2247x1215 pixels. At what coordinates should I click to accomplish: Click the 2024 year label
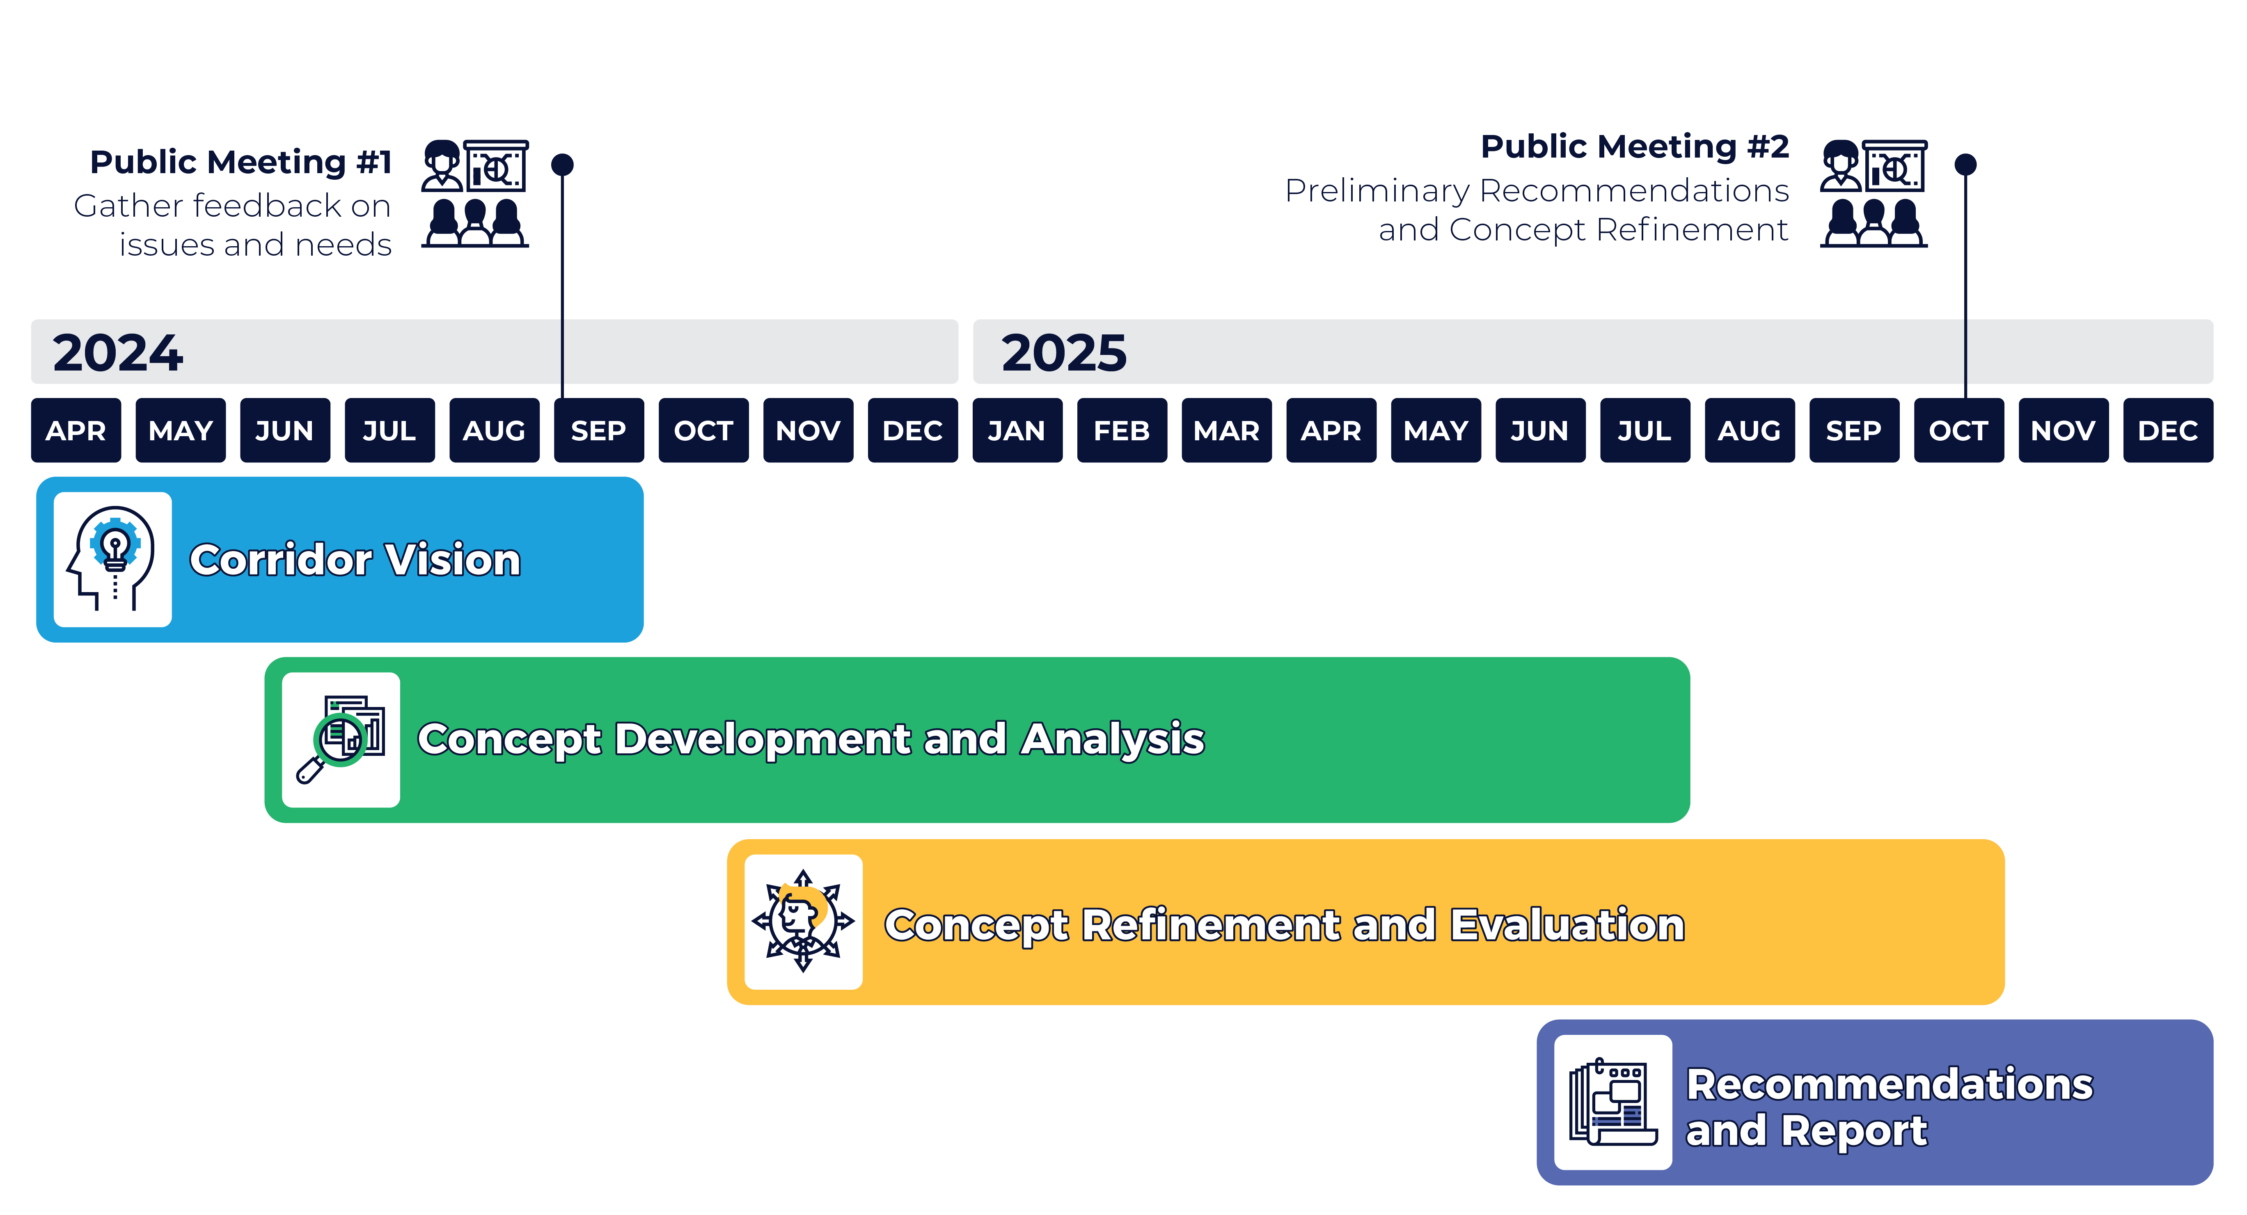tap(118, 352)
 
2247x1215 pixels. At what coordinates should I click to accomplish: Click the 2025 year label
tap(1063, 352)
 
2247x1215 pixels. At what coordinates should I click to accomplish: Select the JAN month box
tap(1017, 430)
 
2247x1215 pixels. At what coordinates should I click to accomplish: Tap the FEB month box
tap(1122, 430)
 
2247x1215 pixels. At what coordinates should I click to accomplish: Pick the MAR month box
tap(1226, 430)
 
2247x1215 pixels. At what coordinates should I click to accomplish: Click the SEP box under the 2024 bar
tap(598, 430)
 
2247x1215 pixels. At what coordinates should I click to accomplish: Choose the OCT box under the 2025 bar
tap(1958, 430)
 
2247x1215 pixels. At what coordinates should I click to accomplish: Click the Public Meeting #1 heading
tap(241, 162)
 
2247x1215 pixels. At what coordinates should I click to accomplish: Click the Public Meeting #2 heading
tap(1635, 146)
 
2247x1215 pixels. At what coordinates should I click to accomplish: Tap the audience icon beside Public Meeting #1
tap(475, 194)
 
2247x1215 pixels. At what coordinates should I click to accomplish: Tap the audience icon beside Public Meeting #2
tap(1874, 194)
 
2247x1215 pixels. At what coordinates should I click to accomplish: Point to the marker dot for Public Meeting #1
tap(563, 164)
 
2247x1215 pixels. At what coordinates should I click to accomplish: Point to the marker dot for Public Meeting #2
tap(1965, 164)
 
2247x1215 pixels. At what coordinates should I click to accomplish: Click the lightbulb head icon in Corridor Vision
tap(112, 559)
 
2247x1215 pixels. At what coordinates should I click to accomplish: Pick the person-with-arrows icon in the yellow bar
tap(803, 921)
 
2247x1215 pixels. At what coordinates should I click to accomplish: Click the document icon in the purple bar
tap(1613, 1102)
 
